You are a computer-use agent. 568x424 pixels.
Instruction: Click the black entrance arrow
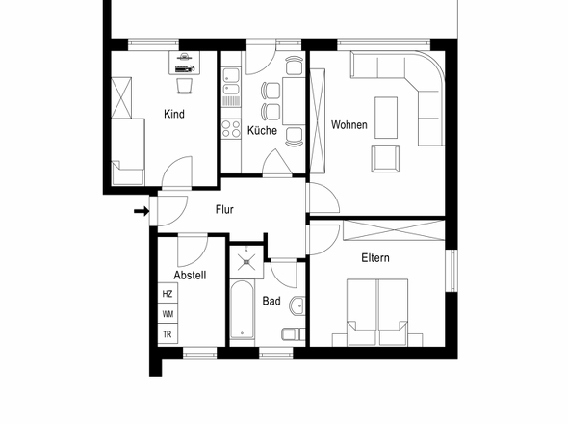coord(142,211)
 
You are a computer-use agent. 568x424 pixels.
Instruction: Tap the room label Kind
coord(174,114)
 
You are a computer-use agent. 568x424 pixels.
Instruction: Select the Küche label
coord(262,130)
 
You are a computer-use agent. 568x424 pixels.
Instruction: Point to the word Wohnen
coord(349,124)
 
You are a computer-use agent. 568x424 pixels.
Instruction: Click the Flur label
coord(224,209)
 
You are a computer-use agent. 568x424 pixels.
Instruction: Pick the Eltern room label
coord(375,258)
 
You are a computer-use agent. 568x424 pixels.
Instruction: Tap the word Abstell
coord(190,275)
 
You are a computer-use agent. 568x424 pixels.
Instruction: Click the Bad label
coord(271,301)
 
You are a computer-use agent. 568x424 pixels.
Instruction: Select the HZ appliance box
coord(168,293)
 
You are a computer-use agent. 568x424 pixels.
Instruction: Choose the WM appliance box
coord(168,314)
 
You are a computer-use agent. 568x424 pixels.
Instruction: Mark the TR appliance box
coord(168,333)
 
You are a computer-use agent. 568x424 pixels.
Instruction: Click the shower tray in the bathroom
coord(246,261)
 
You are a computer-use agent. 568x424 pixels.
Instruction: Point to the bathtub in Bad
coord(242,310)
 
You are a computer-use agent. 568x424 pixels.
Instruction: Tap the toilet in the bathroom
coord(294,334)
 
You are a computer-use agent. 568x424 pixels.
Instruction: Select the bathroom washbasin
coord(297,305)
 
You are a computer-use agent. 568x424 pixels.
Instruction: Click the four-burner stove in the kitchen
coord(231,129)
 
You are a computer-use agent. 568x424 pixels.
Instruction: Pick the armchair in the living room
coord(385,158)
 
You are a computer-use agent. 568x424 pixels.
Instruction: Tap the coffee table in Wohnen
coord(386,118)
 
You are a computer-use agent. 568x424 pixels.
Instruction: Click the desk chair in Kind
coord(185,86)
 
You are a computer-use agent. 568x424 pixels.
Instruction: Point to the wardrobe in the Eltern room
coord(394,230)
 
